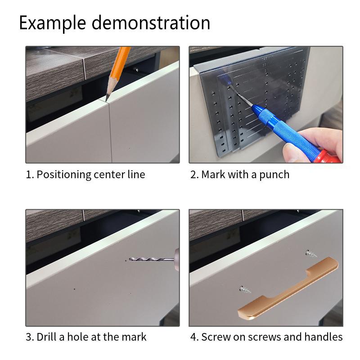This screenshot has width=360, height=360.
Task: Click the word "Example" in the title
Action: click(53, 23)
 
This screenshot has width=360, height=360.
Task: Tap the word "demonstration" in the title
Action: click(151, 22)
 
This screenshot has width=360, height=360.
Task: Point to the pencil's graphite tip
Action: click(107, 99)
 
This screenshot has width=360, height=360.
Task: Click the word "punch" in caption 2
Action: click(274, 175)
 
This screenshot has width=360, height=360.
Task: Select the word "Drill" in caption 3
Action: click(46, 337)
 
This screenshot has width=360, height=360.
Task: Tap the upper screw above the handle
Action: click(311, 253)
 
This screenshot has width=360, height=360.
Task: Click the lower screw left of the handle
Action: click(245, 289)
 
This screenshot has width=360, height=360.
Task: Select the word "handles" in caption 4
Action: click(324, 337)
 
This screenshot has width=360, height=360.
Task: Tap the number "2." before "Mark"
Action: click(194, 175)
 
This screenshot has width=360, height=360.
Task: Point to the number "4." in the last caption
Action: click(195, 337)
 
